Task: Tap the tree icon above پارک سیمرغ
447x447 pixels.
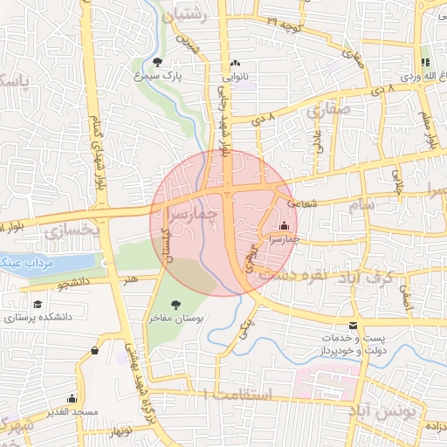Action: [157, 62]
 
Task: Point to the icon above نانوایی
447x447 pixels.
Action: [236, 63]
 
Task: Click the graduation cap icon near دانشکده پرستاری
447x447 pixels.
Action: [38, 303]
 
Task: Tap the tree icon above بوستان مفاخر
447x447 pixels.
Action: [175, 306]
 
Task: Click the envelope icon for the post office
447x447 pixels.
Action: [353, 325]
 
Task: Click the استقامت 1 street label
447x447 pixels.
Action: [238, 395]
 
